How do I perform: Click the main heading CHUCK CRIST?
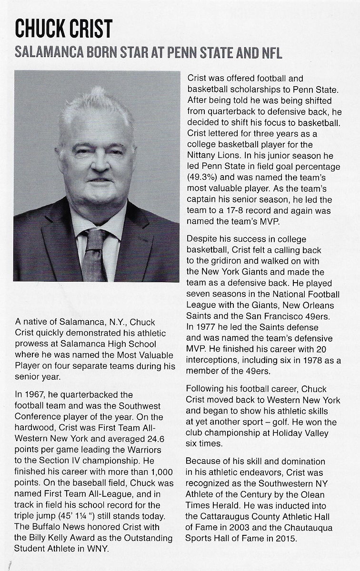(x=63, y=29)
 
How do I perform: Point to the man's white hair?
(x=95, y=107)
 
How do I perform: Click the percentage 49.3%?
(x=203, y=177)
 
